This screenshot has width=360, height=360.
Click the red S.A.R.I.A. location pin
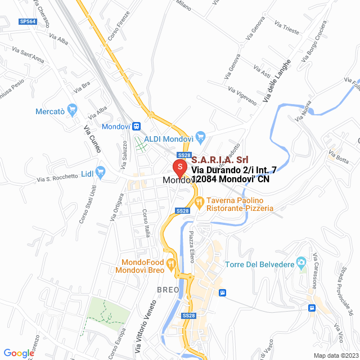pyautogui.click(x=179, y=168)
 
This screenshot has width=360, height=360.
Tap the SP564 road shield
pyautogui.click(x=27, y=21)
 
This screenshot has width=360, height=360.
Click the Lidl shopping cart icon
pyautogui.click(x=101, y=171)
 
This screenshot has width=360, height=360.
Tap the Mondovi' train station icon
pyautogui.click(x=137, y=127)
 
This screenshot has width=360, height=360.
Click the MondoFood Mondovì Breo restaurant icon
pyautogui.click(x=172, y=263)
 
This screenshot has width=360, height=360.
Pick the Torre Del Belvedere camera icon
pyautogui.click(x=301, y=262)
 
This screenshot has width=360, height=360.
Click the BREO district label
pyautogui.click(x=168, y=290)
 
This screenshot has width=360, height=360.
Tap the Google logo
pyautogui.click(x=19, y=353)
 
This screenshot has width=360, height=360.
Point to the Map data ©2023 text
pyautogui.click(x=335, y=355)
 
